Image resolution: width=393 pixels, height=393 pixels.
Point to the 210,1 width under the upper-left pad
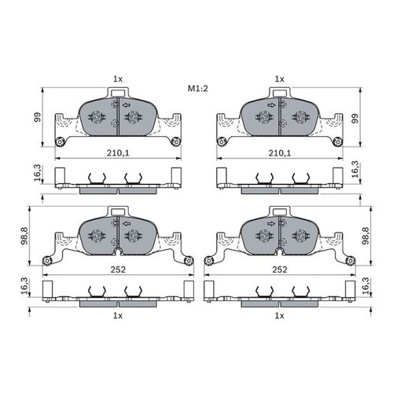tap(117, 155)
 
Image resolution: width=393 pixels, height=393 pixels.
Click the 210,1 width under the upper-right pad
tap(278, 155)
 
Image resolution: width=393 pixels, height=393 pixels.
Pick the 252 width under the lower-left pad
tap(117, 268)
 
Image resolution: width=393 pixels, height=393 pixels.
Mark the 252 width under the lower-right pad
tap(278, 268)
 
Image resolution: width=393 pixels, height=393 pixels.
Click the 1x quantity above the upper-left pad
tap(117, 79)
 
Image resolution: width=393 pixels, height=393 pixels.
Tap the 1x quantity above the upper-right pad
tap(278, 79)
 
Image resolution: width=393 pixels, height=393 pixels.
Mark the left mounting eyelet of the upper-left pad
tap(60, 142)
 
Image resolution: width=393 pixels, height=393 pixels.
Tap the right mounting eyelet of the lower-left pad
tap(187, 260)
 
